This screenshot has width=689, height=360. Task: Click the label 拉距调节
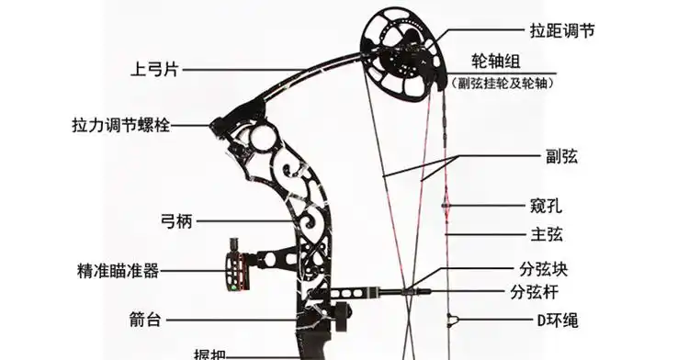pyautogui.click(x=562, y=30)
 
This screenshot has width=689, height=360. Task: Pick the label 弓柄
pyautogui.click(x=175, y=220)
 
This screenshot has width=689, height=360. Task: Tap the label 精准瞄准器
pyautogui.click(x=119, y=271)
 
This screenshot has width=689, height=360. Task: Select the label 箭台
pyautogui.click(x=146, y=320)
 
